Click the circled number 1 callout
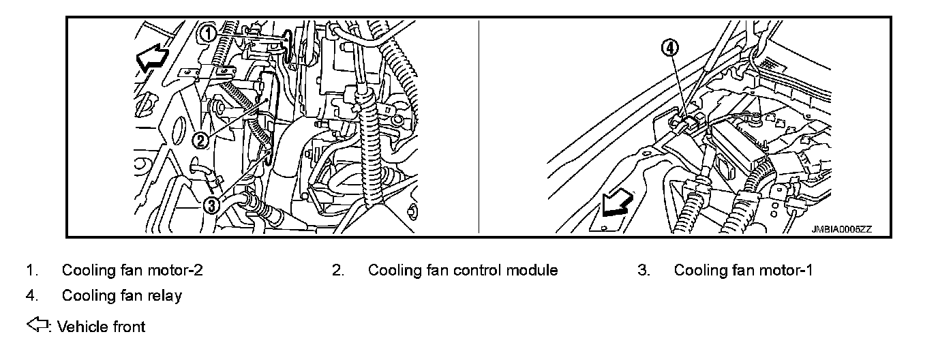coord(209,33)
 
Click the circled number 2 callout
coord(199,140)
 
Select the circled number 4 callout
coord(671,48)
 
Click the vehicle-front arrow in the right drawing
coord(618,203)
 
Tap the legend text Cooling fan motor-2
coord(132,270)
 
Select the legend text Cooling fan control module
coord(463,270)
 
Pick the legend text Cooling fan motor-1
coord(743,270)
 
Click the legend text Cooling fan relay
coord(121,296)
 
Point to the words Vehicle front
coord(102,327)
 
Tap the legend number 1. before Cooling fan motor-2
coord(31,270)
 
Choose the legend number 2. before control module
coord(337,270)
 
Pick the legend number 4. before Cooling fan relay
coord(31,296)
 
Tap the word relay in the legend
coord(166,296)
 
